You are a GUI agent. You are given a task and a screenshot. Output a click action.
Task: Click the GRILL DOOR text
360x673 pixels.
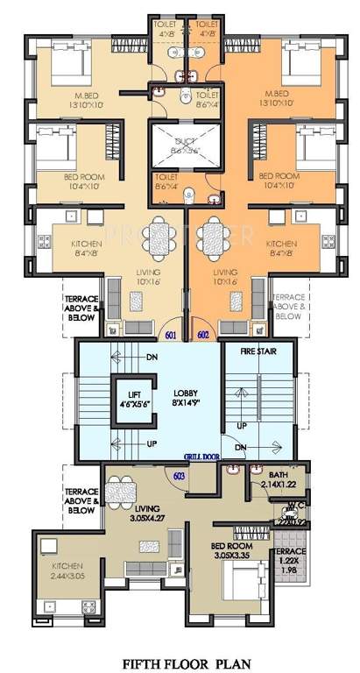[201, 456]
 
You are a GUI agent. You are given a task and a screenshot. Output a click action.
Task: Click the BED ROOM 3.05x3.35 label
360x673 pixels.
[233, 549]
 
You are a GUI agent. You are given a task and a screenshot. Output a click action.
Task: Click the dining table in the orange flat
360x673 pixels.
[212, 237]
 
